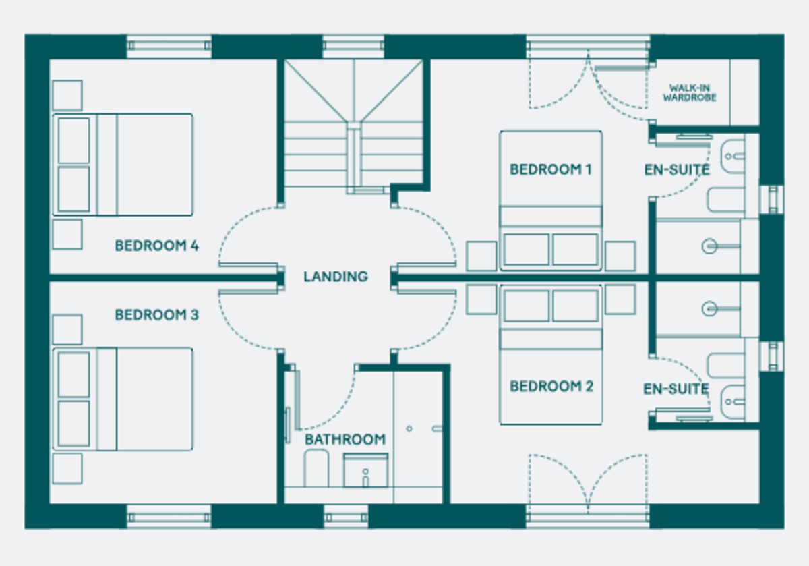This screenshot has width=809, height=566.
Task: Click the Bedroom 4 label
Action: click(x=156, y=246)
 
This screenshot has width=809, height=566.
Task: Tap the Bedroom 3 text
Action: click(x=156, y=315)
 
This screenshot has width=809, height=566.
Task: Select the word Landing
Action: click(x=336, y=277)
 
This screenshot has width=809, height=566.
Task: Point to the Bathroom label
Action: click(x=345, y=439)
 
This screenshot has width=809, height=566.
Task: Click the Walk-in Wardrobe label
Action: click(x=689, y=92)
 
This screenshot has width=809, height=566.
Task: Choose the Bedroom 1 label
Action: click(x=550, y=169)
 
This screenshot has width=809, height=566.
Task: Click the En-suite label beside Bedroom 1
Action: click(x=676, y=170)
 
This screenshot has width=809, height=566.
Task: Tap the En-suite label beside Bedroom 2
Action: click(x=676, y=389)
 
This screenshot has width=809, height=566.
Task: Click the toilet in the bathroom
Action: click(x=315, y=469)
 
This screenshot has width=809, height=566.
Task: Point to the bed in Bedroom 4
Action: click(x=123, y=165)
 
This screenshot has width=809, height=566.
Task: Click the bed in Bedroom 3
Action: click(x=123, y=399)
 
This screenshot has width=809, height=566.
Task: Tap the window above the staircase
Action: click(x=353, y=46)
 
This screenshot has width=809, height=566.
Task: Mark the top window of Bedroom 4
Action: click(x=169, y=46)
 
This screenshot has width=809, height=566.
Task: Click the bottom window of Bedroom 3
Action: click(x=169, y=517)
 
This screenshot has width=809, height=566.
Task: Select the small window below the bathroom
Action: click(x=346, y=517)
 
